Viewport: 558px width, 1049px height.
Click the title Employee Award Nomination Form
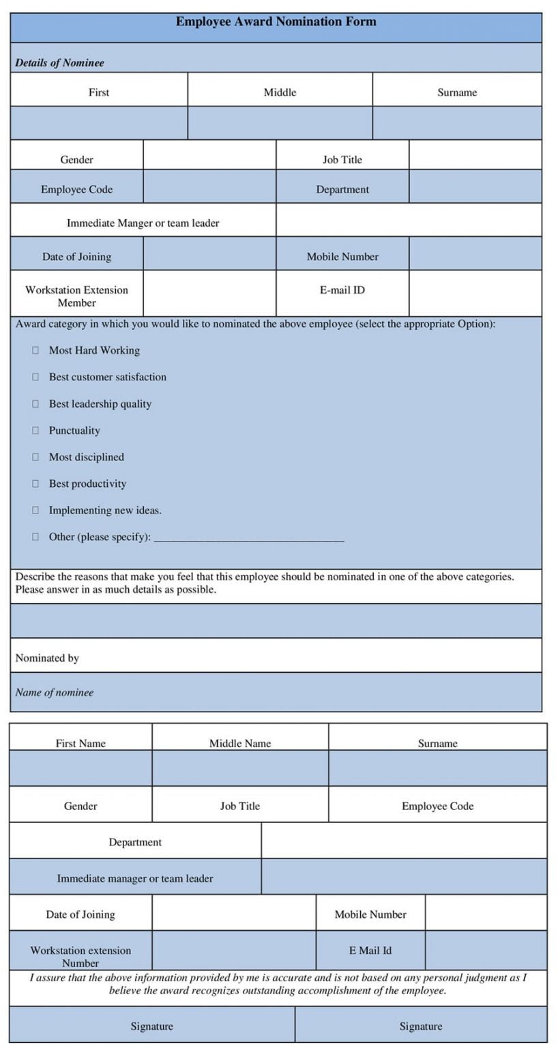pyautogui.click(x=276, y=22)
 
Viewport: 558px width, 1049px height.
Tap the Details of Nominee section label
pyautogui.click(x=59, y=63)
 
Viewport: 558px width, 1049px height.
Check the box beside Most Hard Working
pyautogui.click(x=35, y=350)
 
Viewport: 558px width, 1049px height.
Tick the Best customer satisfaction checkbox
pyautogui.click(x=35, y=377)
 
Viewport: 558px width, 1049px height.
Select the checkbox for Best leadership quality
pyautogui.click(x=35, y=404)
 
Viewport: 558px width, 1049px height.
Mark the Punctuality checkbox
pyautogui.click(x=35, y=430)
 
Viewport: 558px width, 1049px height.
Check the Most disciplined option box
pyautogui.click(x=35, y=457)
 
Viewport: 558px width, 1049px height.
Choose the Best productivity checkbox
pyautogui.click(x=35, y=484)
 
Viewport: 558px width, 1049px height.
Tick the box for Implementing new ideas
pyautogui.click(x=35, y=510)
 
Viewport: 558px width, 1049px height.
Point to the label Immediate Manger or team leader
pyautogui.click(x=143, y=223)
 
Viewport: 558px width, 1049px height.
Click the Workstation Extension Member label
pyautogui.click(x=76, y=296)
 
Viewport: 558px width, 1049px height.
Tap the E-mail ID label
pyautogui.click(x=342, y=290)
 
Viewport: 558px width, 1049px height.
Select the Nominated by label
pyautogui.click(x=47, y=658)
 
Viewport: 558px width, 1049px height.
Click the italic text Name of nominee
pyautogui.click(x=54, y=693)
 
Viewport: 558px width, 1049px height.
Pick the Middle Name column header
pyautogui.click(x=239, y=744)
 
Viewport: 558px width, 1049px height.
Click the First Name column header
pyautogui.click(x=80, y=744)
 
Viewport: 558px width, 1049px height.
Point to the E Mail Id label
pyautogui.click(x=370, y=951)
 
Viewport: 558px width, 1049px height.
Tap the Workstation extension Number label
pyautogui.click(x=80, y=957)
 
